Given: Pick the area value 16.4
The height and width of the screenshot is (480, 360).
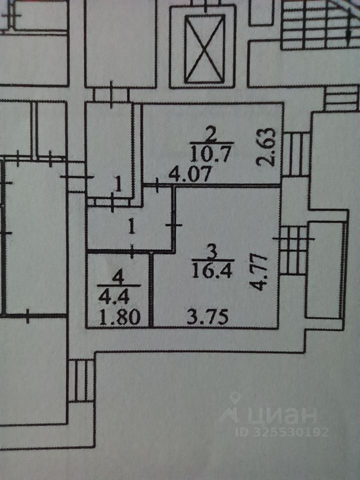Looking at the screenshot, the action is coord(210,270).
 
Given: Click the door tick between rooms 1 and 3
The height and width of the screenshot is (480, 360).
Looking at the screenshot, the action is coord(175,225).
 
